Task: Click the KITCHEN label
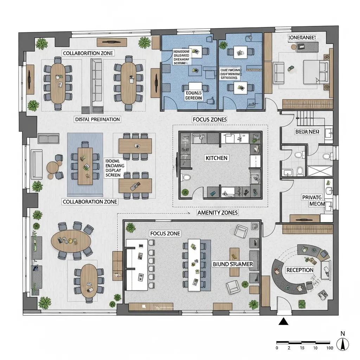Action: tap(216, 158)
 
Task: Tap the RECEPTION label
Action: tap(300, 270)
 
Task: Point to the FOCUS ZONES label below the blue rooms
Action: tap(210, 120)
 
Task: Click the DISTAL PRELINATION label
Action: tap(98, 120)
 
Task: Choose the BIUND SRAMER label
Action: tap(233, 264)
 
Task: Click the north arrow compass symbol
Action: tap(341, 345)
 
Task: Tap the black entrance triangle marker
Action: tap(283, 322)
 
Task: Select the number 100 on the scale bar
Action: tap(329, 348)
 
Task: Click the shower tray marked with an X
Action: tap(320, 171)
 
